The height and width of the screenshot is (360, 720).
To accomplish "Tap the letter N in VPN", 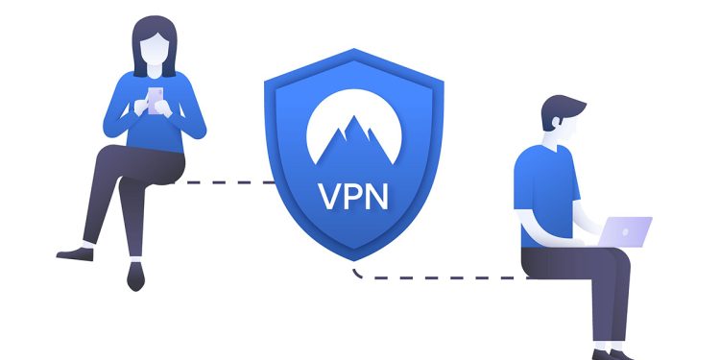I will [377, 198].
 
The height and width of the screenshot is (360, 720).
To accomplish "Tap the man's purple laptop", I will [626, 231].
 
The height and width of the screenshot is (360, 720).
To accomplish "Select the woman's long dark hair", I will [138, 53].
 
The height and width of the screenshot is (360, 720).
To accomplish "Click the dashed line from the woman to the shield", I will [226, 181].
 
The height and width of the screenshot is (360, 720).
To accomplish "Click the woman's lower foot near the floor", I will [135, 279].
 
